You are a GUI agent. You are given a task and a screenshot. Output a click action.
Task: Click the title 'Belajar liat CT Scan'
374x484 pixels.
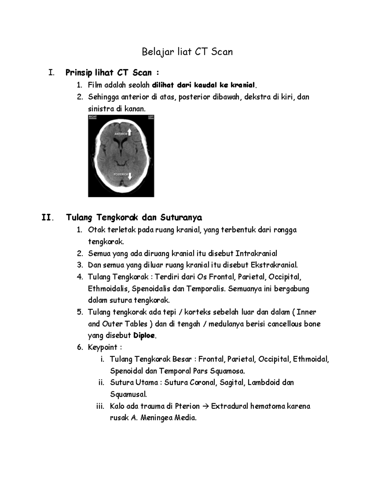pos(187,52)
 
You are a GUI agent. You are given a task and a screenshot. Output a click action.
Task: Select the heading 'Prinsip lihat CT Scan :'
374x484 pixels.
pos(112,73)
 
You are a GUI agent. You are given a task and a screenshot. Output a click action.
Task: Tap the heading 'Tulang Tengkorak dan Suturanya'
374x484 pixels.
pos(134,217)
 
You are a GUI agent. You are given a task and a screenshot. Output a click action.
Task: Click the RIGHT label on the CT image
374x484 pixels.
pos(93,117)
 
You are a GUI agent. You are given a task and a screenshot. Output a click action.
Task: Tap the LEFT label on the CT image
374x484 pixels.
pos(151,117)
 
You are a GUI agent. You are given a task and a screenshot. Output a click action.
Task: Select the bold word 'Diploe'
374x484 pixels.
pos(144,336)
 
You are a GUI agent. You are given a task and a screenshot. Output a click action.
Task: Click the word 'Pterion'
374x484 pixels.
pos(187,406)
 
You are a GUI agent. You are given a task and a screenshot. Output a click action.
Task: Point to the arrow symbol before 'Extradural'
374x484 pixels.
pos(205,406)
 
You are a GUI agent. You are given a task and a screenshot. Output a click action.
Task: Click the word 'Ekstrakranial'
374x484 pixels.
pos(276,265)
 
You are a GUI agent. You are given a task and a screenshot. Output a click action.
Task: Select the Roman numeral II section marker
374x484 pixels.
pos(47,217)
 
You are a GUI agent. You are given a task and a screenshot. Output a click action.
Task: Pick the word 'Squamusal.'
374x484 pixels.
pos(128,394)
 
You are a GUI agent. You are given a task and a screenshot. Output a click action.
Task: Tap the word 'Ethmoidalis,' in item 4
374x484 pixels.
pos(108,289)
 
